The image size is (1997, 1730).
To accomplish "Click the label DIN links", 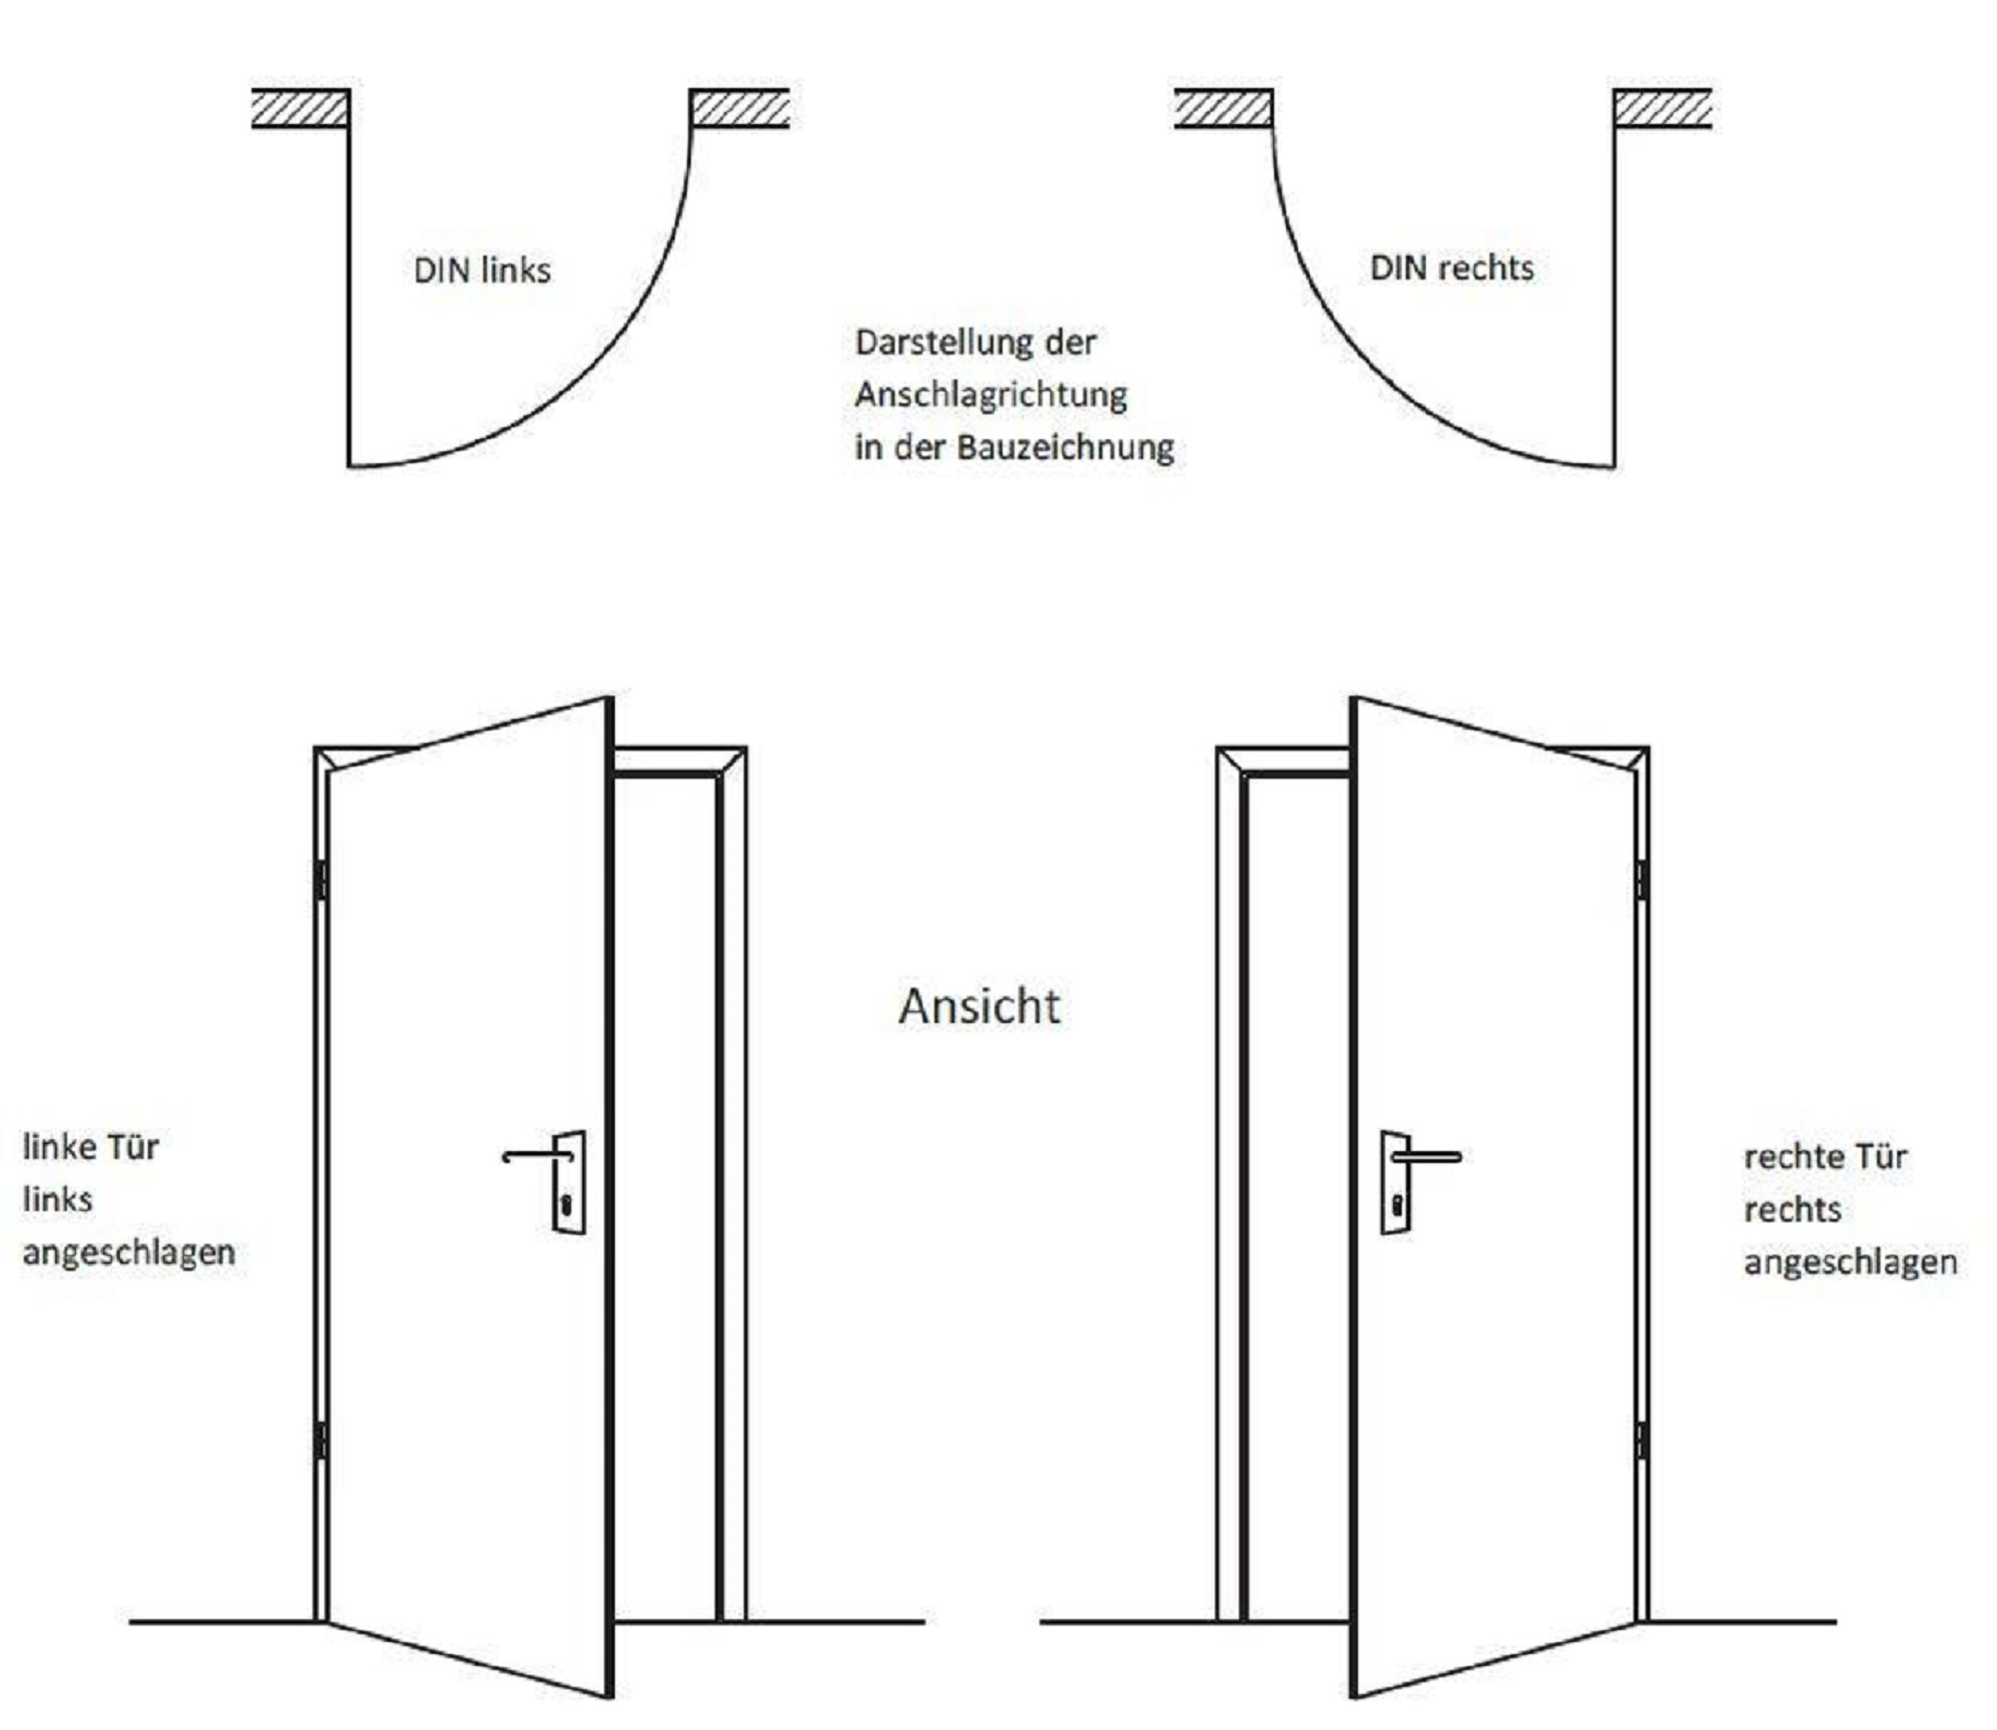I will pyautogui.click(x=482, y=271).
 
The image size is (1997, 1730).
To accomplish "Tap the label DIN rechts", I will pyautogui.click(x=1452, y=269).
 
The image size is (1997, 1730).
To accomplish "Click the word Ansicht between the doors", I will pyautogui.click(x=980, y=1006).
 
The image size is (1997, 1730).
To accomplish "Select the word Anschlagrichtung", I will pyautogui.click(x=991, y=395).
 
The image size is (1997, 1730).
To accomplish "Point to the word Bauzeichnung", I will pyautogui.click(x=1065, y=447).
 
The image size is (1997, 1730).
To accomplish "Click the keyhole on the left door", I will pyautogui.click(x=566, y=1205).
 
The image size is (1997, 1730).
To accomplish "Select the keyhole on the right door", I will pyautogui.click(x=1397, y=1205).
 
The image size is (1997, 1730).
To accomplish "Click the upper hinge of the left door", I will pyautogui.click(x=321, y=879).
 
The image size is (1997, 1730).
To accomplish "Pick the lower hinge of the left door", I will pyautogui.click(x=321, y=1441).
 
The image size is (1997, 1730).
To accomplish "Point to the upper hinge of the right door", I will pyautogui.click(x=1643, y=879).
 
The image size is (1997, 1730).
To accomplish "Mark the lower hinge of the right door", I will pyautogui.click(x=1643, y=1441).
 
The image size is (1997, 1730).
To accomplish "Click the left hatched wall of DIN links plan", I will pyautogui.click(x=300, y=109).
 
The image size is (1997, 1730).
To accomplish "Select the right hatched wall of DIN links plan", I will pyautogui.click(x=740, y=109).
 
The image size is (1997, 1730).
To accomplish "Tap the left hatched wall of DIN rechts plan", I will pyautogui.click(x=1223, y=109).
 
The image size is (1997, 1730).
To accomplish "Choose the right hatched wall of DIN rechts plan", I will pyautogui.click(x=1663, y=109).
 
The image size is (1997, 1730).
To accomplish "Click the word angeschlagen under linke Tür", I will pyautogui.click(x=129, y=1253).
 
